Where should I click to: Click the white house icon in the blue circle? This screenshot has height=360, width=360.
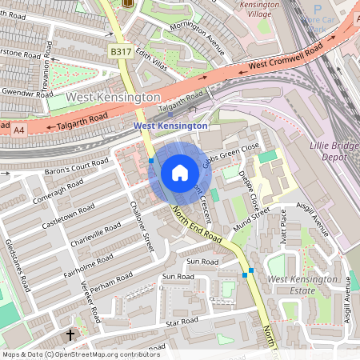tap(180, 173)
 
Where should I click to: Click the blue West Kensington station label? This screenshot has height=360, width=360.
tap(170, 126)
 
